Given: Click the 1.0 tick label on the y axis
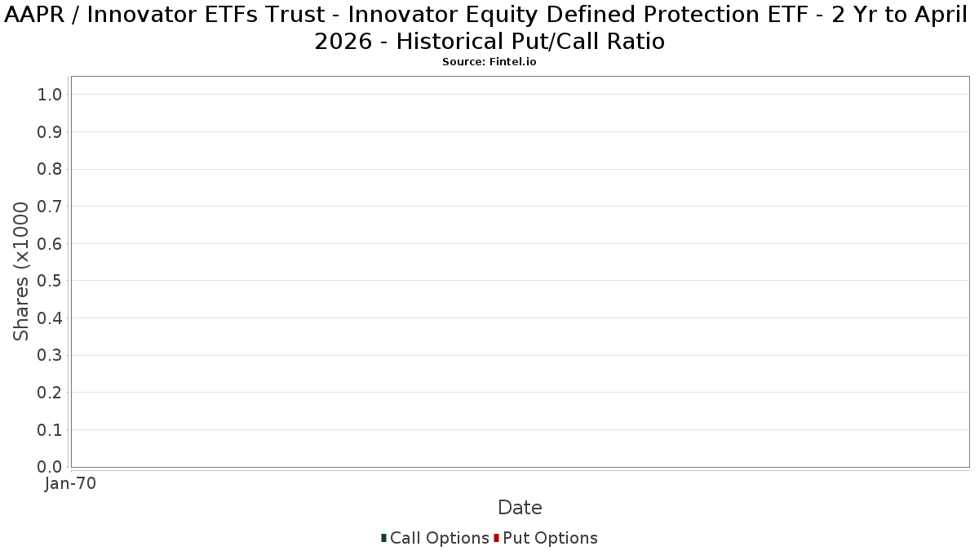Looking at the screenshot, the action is click(x=50, y=95).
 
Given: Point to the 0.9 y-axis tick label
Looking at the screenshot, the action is click(x=50, y=132).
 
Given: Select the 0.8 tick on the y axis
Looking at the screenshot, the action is click(x=50, y=169).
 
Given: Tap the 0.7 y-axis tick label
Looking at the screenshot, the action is click(x=50, y=207).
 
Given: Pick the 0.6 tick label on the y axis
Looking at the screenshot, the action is click(x=50, y=243).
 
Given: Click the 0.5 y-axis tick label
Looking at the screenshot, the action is click(x=50, y=281).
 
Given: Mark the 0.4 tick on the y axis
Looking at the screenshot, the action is click(x=50, y=318).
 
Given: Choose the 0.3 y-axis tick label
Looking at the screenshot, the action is click(x=50, y=356).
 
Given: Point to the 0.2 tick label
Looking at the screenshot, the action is click(x=50, y=393).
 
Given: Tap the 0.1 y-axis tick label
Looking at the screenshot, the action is click(x=50, y=430).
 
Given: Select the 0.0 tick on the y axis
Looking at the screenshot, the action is click(x=50, y=467).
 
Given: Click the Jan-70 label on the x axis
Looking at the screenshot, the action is click(x=70, y=483).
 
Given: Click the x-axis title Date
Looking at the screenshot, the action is click(x=521, y=508).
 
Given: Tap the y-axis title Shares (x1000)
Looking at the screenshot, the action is click(x=20, y=272).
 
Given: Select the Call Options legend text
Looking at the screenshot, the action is click(x=440, y=538).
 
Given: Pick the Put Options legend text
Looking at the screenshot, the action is click(x=550, y=538).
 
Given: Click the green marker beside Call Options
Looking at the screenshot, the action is click(x=383, y=538).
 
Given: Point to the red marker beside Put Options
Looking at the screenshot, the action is click(x=497, y=538).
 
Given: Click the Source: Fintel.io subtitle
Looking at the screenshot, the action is click(x=489, y=62).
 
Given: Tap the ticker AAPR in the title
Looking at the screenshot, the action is click(x=34, y=15).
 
